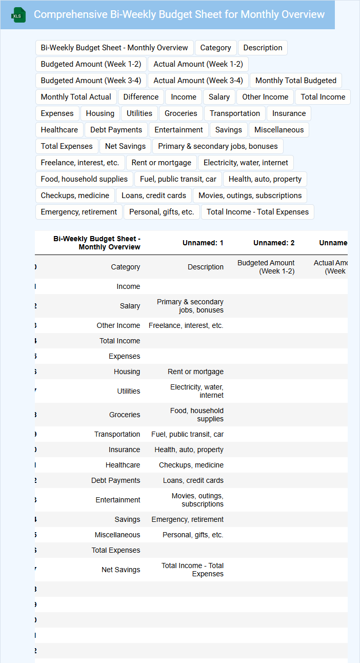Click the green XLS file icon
[18, 15]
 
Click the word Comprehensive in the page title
[70, 14]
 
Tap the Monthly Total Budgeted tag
[295, 81]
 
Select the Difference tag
[141, 97]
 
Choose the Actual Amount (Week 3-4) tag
[198, 81]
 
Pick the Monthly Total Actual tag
[76, 97]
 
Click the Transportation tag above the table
[235, 113]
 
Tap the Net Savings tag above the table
[125, 146]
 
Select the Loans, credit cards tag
[154, 196]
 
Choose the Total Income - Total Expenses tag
[257, 212]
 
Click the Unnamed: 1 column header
[203, 243]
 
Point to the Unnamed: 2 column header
[274, 243]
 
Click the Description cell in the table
[206, 267]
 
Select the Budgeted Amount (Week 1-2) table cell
[266, 267]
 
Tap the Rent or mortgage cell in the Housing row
[195, 372]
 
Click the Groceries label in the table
[125, 415]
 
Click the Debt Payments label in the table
[116, 480]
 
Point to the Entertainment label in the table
[118, 500]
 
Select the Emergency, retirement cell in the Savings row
[188, 519]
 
